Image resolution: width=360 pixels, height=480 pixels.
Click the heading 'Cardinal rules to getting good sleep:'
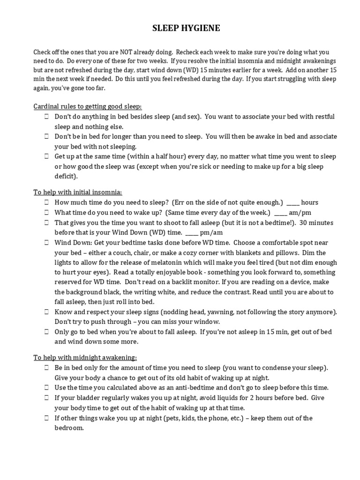81,106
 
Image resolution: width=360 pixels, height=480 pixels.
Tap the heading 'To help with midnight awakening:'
78,357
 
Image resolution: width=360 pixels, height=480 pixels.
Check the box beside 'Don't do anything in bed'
47,116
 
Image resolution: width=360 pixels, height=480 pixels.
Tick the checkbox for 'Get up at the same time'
47,157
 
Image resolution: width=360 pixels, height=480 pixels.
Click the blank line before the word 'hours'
292,203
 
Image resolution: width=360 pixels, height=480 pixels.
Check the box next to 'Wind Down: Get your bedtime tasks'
47,243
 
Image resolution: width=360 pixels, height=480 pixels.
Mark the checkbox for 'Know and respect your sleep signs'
47,312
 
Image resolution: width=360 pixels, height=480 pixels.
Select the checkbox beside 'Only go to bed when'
47,332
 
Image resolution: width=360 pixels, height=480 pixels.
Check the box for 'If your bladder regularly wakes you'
47,397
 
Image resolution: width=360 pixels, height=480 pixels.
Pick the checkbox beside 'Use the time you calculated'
47,388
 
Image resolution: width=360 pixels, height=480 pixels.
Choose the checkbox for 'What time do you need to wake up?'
47,212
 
